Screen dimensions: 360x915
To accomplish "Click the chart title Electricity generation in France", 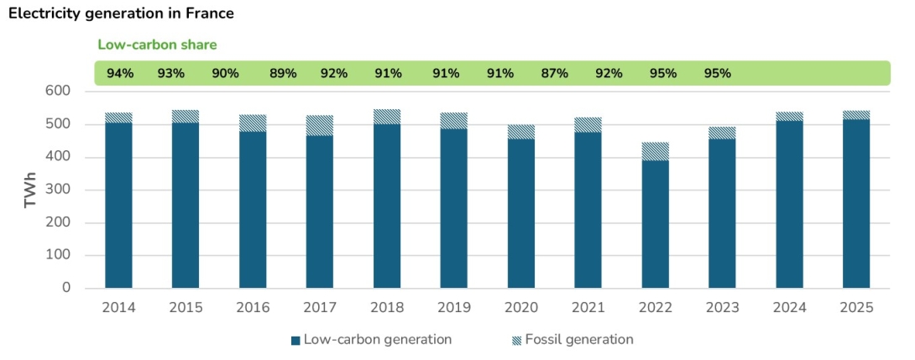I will coord(121,13).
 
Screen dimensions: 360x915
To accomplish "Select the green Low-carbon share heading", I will coord(157,45).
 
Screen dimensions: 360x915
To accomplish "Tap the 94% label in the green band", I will coord(120,73).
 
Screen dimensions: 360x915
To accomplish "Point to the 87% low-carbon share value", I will coord(554,73).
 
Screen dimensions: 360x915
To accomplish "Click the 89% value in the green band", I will coord(283,73).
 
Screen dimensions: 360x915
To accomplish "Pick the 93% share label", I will coord(171,73).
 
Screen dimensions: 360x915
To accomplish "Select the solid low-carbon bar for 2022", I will coord(656,224).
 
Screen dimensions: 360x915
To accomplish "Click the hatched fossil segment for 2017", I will coord(320,125).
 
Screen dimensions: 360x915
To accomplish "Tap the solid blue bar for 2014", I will coord(118,206).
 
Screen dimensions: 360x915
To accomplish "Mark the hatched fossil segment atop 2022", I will coord(656,151).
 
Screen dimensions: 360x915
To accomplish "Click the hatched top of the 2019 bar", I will coord(454,120).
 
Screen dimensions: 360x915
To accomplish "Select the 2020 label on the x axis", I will coord(521,308).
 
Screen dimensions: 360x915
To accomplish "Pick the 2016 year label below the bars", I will coord(253,308).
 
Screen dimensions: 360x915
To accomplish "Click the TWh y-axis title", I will coord(30,190).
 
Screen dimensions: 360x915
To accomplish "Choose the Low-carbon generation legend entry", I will coord(371,340).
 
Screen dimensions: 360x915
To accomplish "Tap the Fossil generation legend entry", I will coord(572,340).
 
